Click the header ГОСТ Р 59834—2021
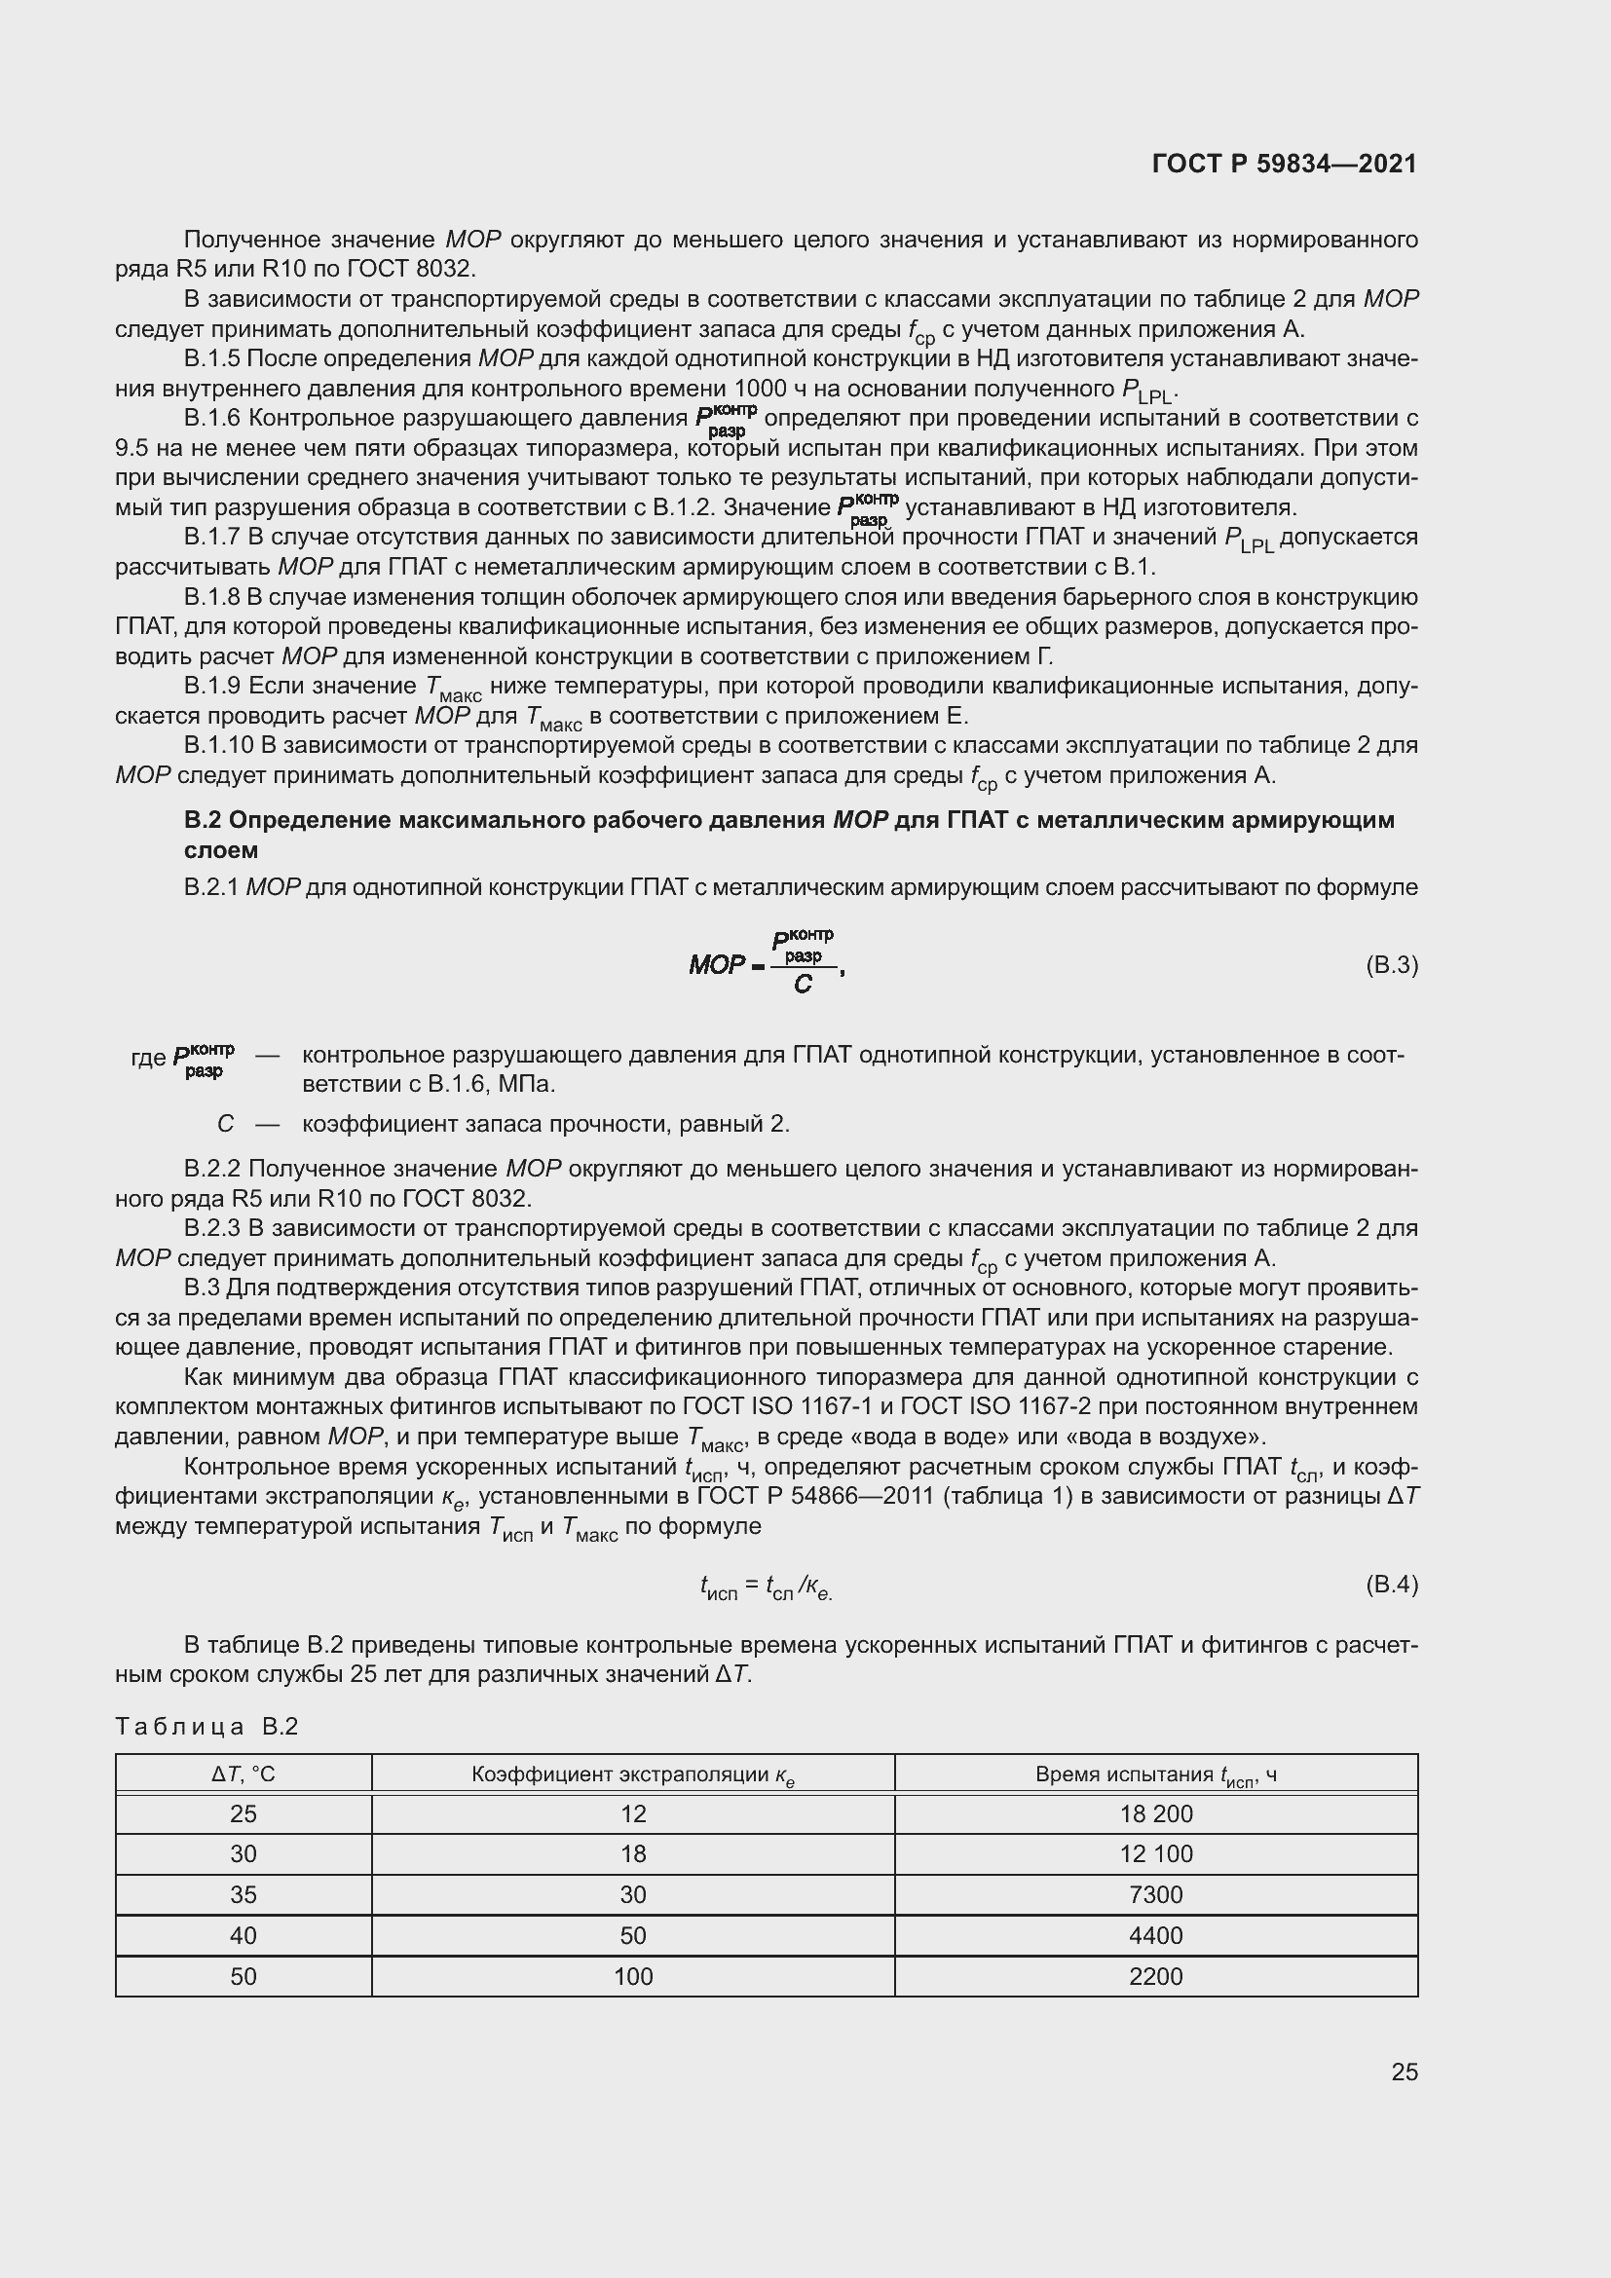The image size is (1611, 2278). pyautogui.click(x=1285, y=164)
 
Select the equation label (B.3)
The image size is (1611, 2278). pyautogui.click(x=1392, y=965)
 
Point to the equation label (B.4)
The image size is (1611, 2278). pyautogui.click(x=1392, y=1585)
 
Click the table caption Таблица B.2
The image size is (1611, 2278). pyautogui.click(x=206, y=1727)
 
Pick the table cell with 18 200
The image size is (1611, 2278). pyautogui.click(x=1156, y=1813)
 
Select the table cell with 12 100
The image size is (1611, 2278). pyautogui.click(x=1156, y=1853)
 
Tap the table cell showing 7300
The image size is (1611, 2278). pyautogui.click(x=1156, y=1894)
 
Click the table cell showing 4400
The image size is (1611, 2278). pyautogui.click(x=1156, y=1935)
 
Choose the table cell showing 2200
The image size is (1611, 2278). pyautogui.click(x=1156, y=1976)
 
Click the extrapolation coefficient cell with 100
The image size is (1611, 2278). pyautogui.click(x=633, y=1976)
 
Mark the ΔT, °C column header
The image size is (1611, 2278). pyautogui.click(x=244, y=1774)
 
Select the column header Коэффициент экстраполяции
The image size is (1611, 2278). pyautogui.click(x=633, y=1774)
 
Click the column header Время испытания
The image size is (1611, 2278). pyautogui.click(x=1156, y=1774)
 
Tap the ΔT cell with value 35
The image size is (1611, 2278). pyautogui.click(x=244, y=1894)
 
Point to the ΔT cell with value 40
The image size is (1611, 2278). pyautogui.click(x=244, y=1935)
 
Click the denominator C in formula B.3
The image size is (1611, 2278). pyautogui.click(x=803, y=986)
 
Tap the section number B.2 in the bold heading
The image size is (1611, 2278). pyautogui.click(x=202, y=819)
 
